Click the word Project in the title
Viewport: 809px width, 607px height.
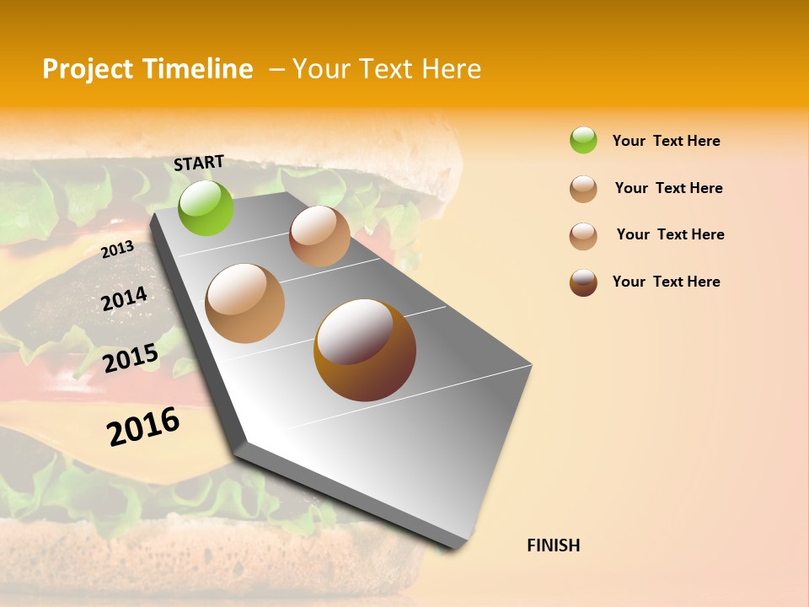(87, 70)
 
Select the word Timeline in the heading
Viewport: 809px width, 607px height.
(197, 69)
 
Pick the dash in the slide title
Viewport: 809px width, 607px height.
(276, 70)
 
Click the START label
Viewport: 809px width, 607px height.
(199, 163)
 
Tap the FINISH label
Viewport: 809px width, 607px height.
(553, 545)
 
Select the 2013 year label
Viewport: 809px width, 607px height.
(117, 250)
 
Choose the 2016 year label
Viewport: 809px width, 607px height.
(143, 427)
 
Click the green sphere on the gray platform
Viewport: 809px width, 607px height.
(206, 207)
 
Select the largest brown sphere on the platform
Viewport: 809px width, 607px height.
(365, 350)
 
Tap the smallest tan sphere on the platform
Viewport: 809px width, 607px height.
(319, 236)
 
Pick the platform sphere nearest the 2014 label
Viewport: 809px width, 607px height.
(245, 303)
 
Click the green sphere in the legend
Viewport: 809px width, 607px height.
(583, 141)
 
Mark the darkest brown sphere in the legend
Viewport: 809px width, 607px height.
(583, 282)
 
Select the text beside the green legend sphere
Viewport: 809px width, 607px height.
(666, 141)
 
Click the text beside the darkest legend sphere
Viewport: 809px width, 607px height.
(666, 282)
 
